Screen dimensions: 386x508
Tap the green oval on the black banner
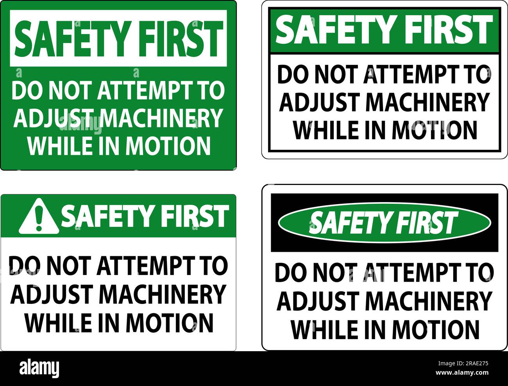click(x=384, y=223)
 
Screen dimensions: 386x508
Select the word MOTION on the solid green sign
click(x=168, y=145)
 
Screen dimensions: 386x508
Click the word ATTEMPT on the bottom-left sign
click(x=145, y=266)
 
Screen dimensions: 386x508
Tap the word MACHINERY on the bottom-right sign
click(x=429, y=301)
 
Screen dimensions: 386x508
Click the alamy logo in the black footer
click(x=39, y=368)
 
